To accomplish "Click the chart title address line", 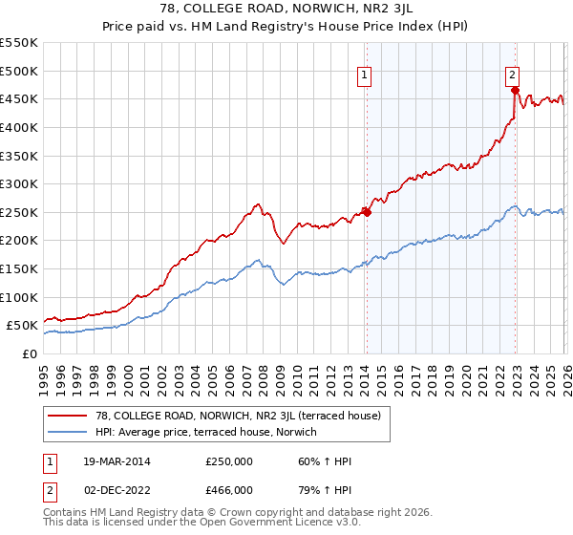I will (286, 9).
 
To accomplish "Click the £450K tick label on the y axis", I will (19, 99).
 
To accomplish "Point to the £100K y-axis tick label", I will (19, 297).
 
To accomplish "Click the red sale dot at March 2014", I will (367, 212).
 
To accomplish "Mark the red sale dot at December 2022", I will (515, 91).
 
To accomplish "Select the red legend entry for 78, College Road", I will (239, 416).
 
